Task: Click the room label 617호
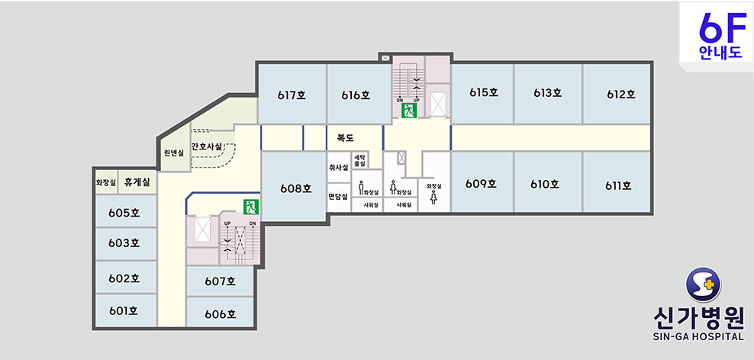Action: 292,95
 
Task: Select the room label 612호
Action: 620,95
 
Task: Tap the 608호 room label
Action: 296,188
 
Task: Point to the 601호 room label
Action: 124,311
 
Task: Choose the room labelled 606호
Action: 221,314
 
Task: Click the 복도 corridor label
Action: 345,138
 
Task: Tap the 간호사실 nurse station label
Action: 206,146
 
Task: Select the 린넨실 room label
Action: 174,153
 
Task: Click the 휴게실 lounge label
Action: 137,182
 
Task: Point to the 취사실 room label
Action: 339,167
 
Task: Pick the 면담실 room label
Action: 339,196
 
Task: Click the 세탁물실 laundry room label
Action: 359,160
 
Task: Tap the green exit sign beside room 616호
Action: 409,111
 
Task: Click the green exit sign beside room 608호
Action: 251,207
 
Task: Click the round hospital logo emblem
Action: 703,285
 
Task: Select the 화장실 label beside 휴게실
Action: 106,182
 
